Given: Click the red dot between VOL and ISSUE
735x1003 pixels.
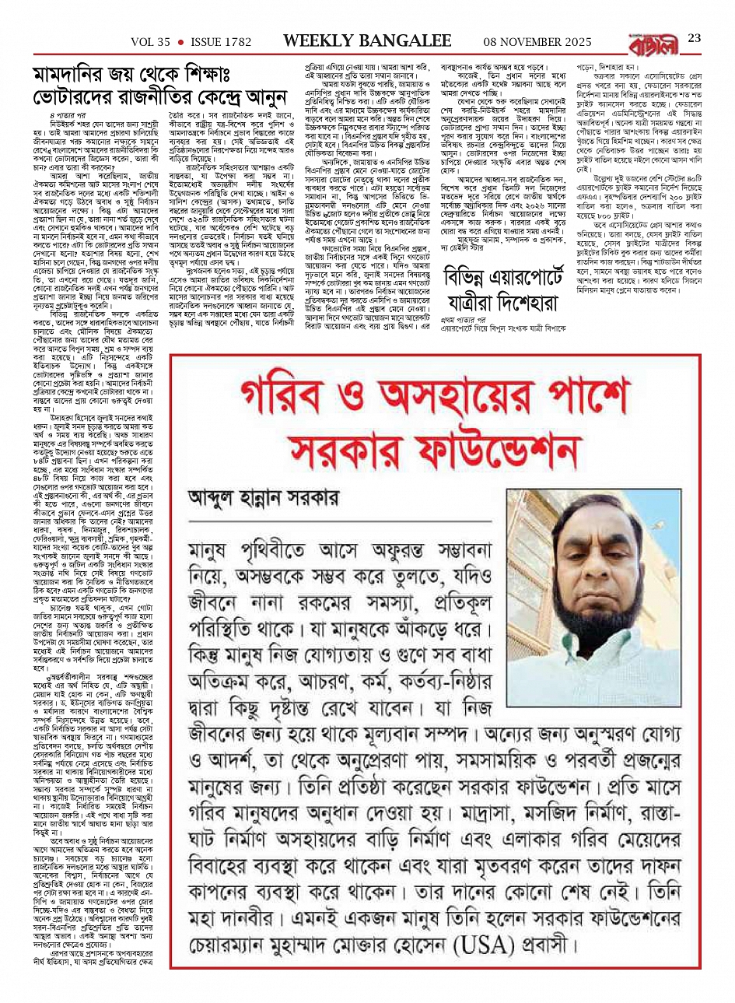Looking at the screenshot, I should [180, 40].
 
